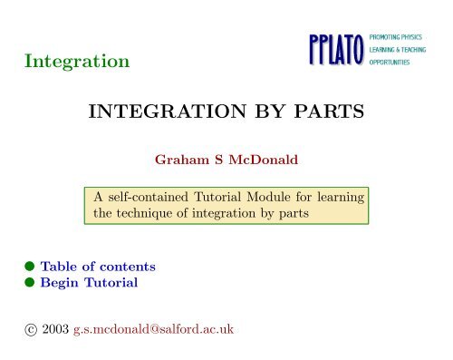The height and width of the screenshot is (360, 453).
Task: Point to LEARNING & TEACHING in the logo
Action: (x=397, y=48)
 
